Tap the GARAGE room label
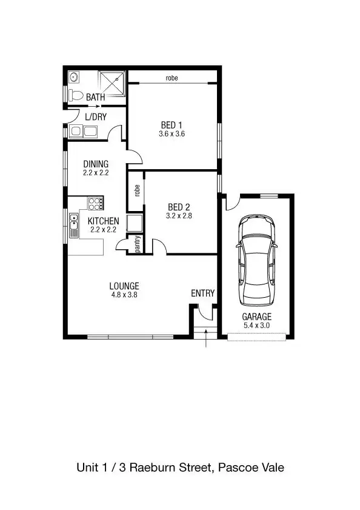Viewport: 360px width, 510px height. click(257, 317)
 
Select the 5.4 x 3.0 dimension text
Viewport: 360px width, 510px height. click(257, 326)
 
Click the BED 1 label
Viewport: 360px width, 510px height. click(172, 126)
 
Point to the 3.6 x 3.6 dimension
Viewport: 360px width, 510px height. click(172, 134)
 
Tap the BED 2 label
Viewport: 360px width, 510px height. click(179, 206)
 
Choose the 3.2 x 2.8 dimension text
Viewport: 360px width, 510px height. click(179, 215)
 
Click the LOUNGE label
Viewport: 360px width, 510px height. click(124, 286)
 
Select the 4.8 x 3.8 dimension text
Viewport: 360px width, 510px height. click(124, 295)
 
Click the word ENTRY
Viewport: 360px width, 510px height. click(202, 294)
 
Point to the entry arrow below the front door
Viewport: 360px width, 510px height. click(207, 339)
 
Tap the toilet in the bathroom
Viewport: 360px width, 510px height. click(76, 95)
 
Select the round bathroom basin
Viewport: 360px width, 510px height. click(73, 77)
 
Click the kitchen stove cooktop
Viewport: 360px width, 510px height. click(96, 204)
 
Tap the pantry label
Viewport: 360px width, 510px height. click(138, 244)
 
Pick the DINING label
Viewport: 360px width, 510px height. click(96, 164)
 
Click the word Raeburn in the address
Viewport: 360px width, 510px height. click(156, 468)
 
